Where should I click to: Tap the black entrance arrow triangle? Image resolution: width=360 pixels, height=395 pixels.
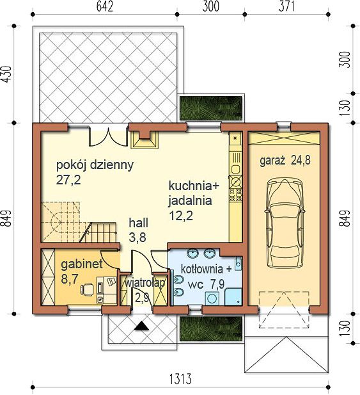coord(141,326)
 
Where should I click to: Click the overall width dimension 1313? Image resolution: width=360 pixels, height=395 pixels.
coord(180,379)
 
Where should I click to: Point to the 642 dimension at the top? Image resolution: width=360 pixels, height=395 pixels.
coord(105,6)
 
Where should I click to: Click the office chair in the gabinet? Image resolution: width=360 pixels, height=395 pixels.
coord(87,289)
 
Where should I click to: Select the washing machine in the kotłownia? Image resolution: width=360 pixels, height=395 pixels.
coord(212,298)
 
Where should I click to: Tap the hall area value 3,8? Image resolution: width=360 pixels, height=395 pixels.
coord(137,237)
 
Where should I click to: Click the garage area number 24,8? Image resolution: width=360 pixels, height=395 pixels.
coord(301,160)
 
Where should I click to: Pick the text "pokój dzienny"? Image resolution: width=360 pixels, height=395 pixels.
coord(95,165)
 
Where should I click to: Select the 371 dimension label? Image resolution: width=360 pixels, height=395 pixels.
coord(286,6)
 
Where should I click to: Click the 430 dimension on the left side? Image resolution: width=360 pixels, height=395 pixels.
coord(6,74)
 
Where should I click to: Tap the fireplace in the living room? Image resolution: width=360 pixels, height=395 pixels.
coord(145,140)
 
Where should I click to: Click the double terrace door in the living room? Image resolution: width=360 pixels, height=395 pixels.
coord(107,136)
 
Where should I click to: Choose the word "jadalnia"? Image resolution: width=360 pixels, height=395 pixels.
coord(190,201)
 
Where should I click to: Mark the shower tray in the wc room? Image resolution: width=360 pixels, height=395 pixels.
coord(233,297)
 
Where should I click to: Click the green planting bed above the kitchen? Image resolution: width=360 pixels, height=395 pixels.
coord(210,108)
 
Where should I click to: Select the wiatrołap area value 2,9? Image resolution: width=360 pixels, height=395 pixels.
coord(142,298)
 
